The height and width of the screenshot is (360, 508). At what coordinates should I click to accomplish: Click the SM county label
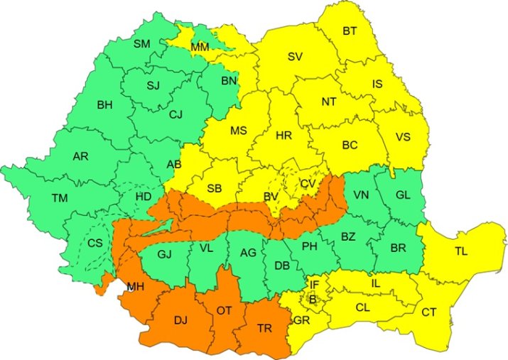[142, 44]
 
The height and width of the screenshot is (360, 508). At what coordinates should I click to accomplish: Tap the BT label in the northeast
[350, 31]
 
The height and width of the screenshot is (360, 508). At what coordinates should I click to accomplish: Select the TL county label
[462, 251]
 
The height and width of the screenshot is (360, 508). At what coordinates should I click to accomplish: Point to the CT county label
[429, 312]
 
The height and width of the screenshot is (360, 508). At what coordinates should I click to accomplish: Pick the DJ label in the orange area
[181, 321]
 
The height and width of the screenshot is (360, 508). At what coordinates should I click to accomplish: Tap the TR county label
[264, 329]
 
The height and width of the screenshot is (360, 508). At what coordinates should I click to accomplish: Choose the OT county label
[225, 310]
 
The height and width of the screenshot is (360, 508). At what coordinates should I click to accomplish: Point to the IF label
[315, 285]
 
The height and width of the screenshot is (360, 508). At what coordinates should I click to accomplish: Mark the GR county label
[301, 320]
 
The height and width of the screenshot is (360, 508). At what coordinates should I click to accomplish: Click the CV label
[308, 183]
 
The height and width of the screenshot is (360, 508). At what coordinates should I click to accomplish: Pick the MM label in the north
[200, 48]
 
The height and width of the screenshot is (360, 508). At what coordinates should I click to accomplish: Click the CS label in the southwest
[95, 244]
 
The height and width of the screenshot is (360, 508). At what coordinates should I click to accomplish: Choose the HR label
[283, 135]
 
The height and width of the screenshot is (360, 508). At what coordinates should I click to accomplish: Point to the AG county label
[248, 253]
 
